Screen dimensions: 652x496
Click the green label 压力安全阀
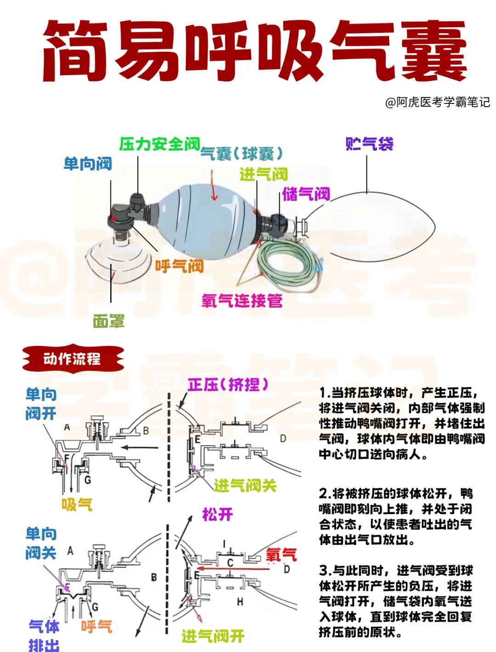pyautogui.click(x=159, y=144)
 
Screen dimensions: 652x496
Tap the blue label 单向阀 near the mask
pyautogui.click(x=88, y=164)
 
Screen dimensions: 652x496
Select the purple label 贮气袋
pyautogui.click(x=369, y=144)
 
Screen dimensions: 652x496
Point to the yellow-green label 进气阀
pyautogui.click(x=263, y=174)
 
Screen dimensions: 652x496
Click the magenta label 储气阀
pyautogui.click(x=306, y=194)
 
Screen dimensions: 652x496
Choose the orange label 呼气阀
pyautogui.click(x=179, y=266)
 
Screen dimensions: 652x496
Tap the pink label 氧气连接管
pyautogui.click(x=242, y=301)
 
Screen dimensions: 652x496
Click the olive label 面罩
pyautogui.click(x=108, y=321)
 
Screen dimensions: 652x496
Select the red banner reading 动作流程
pyautogui.click(x=73, y=359)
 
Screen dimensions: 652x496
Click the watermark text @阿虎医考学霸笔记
pyautogui.click(x=437, y=102)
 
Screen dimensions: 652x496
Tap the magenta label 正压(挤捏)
pyautogui.click(x=228, y=384)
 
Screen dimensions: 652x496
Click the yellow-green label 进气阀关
pyautogui.click(x=245, y=485)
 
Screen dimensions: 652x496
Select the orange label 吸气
pyautogui.click(x=77, y=504)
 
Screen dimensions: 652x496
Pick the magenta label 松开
pyautogui.click(x=217, y=514)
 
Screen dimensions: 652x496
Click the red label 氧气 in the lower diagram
pyautogui.click(x=281, y=555)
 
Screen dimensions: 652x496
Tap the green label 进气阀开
pyautogui.click(x=213, y=636)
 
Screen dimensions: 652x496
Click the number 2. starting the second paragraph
pyautogui.click(x=325, y=494)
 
